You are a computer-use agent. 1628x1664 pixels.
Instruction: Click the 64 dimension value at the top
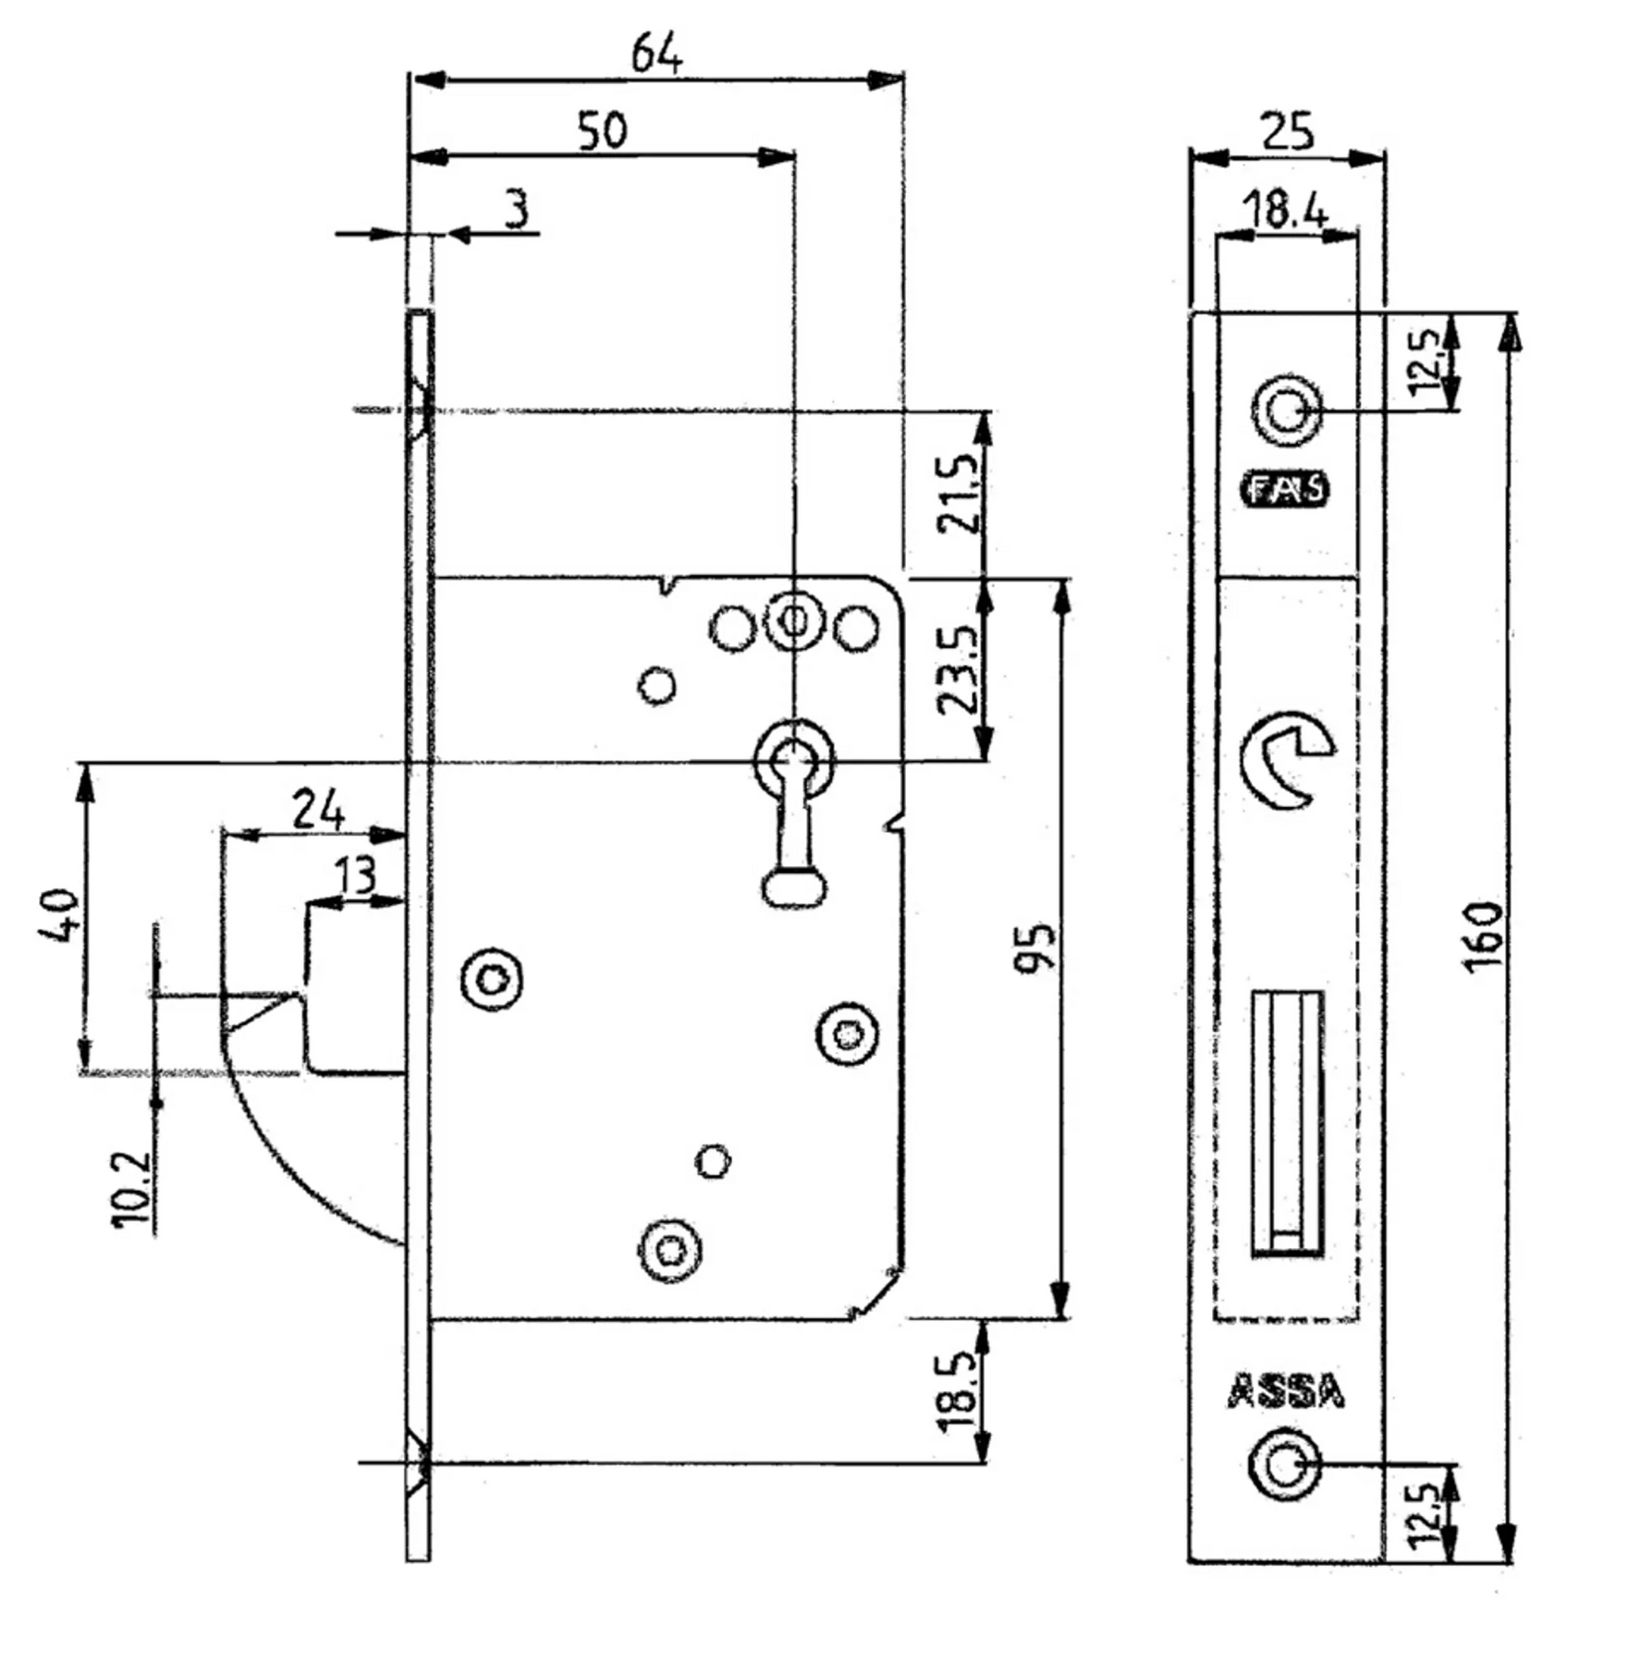[656, 54]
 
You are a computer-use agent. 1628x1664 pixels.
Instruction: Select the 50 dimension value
[602, 129]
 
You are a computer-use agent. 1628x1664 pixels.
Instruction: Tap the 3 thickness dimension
[518, 209]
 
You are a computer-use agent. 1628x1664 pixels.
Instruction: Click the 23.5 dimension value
[958, 670]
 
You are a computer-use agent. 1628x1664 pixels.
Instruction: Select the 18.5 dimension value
[958, 1391]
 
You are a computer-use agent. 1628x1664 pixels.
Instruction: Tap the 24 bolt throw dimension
[318, 809]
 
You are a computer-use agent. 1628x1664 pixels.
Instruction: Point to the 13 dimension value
[355, 874]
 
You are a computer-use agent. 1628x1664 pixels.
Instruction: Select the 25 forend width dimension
[1287, 131]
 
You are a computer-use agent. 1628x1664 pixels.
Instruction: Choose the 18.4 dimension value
[1286, 210]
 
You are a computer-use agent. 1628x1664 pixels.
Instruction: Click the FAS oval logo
[1286, 489]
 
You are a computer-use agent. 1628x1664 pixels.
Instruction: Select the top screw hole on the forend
[1286, 410]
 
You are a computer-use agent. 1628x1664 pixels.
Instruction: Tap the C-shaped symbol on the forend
[1286, 759]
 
